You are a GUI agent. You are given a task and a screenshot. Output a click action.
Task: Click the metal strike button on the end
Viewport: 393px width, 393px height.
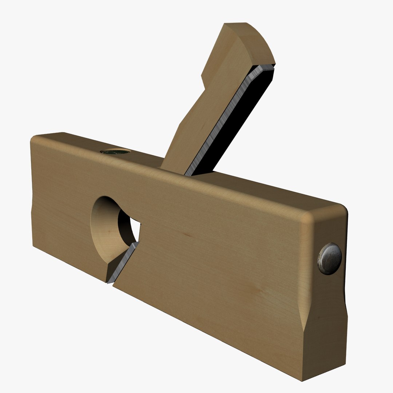pyautogui.click(x=330, y=258)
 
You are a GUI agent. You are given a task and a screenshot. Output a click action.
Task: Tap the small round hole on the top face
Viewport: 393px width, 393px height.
pyautogui.click(x=115, y=152)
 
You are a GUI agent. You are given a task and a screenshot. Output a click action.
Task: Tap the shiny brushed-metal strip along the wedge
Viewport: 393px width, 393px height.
pyautogui.click(x=226, y=120)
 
